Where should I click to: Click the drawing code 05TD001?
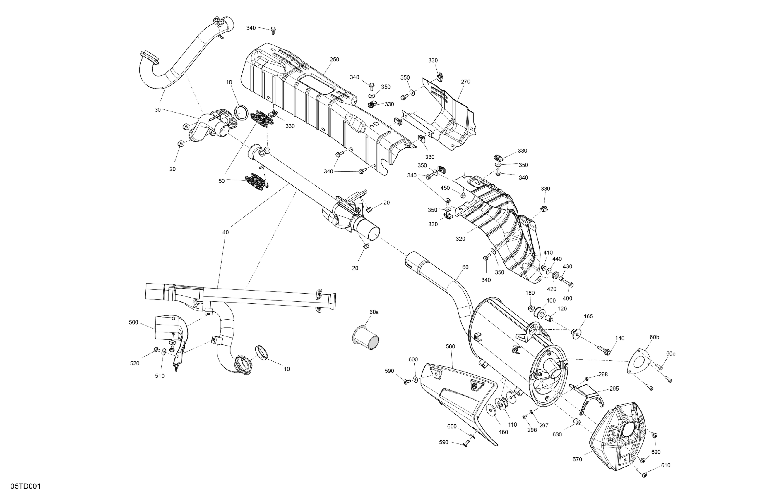(25, 486)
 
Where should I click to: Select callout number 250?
(334, 59)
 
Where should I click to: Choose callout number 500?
(133, 322)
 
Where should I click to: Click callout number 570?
(577, 459)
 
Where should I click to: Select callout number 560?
(450, 347)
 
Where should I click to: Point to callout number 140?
(620, 338)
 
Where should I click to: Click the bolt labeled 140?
(603, 350)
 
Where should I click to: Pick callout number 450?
(445, 188)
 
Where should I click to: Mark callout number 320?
(460, 239)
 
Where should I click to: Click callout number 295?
(614, 389)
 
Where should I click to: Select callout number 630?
(557, 434)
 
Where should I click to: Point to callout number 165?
(588, 316)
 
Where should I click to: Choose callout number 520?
(135, 363)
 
